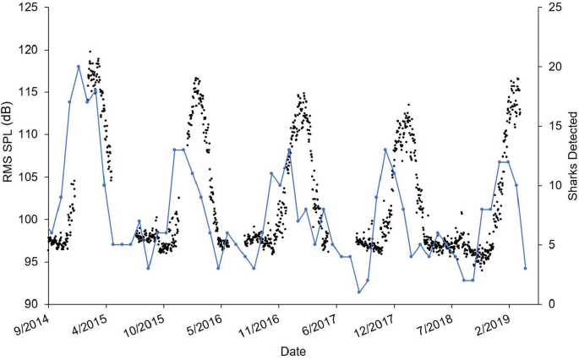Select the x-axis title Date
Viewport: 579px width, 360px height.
pyautogui.click(x=294, y=350)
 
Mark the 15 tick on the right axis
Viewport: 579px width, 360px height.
pyautogui.click(x=542, y=126)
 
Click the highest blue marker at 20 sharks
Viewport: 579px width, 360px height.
pyautogui.click(x=79, y=66)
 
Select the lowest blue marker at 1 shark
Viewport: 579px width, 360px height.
pyautogui.click(x=359, y=292)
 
